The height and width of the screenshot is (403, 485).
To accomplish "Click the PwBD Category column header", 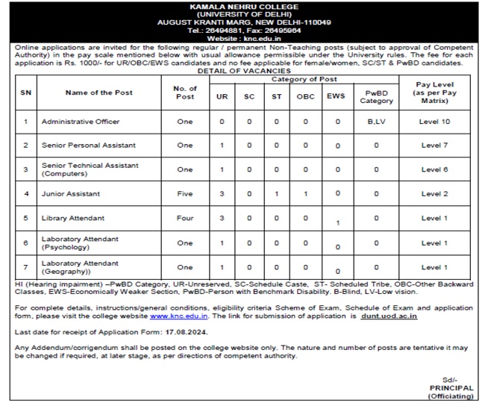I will tap(376, 97).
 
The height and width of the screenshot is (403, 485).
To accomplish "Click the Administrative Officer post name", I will tap(81, 122).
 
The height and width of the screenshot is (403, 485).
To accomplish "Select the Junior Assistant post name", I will tap(72, 194).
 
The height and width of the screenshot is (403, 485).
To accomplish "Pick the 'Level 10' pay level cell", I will tap(434, 122).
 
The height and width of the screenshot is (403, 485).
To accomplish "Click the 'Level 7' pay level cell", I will tap(434, 146).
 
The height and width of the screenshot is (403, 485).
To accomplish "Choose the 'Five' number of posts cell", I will tap(185, 194).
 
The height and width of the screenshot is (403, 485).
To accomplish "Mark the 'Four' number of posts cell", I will tap(185, 218).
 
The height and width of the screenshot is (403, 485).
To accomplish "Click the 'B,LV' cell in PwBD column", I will tap(376, 122).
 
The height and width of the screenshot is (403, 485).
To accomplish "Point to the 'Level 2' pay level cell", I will tap(434, 194).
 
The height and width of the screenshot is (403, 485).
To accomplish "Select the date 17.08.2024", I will tap(187, 331).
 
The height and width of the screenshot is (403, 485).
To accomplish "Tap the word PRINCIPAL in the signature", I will tap(452, 388).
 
